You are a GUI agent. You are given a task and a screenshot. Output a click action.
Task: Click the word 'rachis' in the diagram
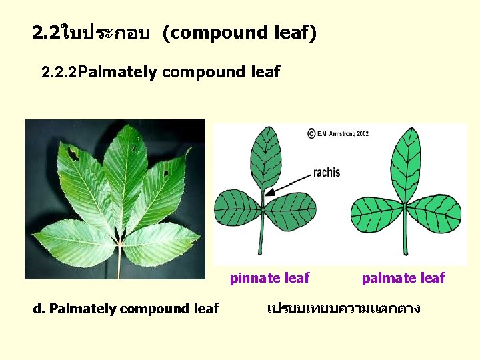click(x=326, y=173)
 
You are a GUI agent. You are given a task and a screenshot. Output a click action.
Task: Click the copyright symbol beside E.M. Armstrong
click(x=311, y=133)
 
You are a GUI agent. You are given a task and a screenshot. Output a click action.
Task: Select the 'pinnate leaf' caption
click(x=269, y=278)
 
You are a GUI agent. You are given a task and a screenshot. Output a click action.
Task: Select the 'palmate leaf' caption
click(x=403, y=278)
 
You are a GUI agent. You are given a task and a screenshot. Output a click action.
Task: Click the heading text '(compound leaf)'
click(x=239, y=32)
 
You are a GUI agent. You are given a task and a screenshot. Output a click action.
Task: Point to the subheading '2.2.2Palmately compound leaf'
click(x=160, y=72)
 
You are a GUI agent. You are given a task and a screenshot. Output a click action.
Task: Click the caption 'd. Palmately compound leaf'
click(x=126, y=309)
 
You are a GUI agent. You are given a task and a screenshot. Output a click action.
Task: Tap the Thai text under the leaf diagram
click(x=343, y=309)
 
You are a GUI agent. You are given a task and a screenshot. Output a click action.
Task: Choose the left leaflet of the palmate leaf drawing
click(x=376, y=214)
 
